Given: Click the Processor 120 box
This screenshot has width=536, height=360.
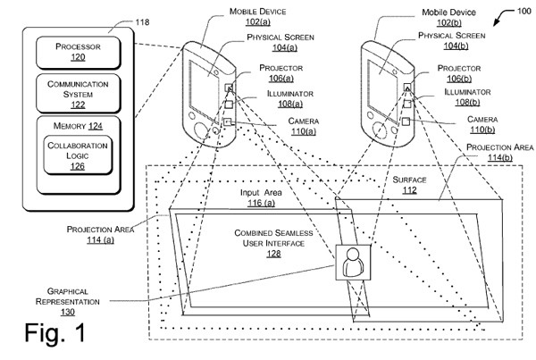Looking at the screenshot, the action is pyautogui.click(x=79, y=53).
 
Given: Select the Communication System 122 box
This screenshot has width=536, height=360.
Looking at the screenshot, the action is pyautogui.click(x=79, y=93).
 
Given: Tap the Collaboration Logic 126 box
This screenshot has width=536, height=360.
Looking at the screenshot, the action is pyautogui.click(x=78, y=155).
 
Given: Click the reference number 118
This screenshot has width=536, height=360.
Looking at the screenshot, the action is pyautogui.click(x=142, y=22).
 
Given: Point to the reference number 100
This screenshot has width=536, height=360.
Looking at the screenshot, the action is pyautogui.click(x=523, y=11).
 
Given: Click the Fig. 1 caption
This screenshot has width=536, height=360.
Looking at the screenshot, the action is pyautogui.click(x=54, y=332).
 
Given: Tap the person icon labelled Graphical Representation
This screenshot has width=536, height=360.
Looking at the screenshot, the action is pyautogui.click(x=353, y=263).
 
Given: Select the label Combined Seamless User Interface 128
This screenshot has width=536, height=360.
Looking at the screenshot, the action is pyautogui.click(x=273, y=243).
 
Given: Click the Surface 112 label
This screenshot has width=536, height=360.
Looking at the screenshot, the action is pyautogui.click(x=409, y=185).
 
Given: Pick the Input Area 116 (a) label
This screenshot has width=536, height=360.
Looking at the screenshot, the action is pyautogui.click(x=261, y=197).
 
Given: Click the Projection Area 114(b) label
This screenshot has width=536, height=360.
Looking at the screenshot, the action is pyautogui.click(x=499, y=152).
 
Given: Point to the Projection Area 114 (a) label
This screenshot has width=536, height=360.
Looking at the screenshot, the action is pyautogui.click(x=100, y=234).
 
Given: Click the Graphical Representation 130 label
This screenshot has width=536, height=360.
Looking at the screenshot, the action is pyautogui.click(x=68, y=301).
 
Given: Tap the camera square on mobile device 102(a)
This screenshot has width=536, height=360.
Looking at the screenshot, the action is pyautogui.click(x=228, y=121).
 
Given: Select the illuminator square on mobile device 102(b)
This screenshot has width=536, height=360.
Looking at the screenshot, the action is pyautogui.click(x=406, y=104).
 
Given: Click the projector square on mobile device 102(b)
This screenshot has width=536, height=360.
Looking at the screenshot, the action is pyautogui.click(x=406, y=87).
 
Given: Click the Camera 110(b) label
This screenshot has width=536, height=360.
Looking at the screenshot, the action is pyautogui.click(x=482, y=124).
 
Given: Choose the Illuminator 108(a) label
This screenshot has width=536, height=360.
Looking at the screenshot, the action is pyautogui.click(x=290, y=98).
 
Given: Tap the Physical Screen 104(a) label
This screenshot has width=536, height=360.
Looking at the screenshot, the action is pyautogui.click(x=281, y=42).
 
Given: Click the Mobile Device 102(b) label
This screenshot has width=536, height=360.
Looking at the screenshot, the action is pyautogui.click(x=448, y=18).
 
